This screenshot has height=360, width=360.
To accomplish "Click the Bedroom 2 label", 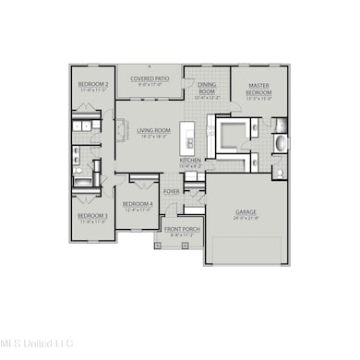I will [x=93, y=84].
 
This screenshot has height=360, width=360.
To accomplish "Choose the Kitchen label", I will [x=190, y=160].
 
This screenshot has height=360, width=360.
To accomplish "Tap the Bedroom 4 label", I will [x=138, y=204].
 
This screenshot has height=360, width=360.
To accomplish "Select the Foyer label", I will [x=172, y=192].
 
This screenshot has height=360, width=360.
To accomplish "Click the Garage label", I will [x=245, y=211].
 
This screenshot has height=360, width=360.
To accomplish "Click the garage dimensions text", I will [x=245, y=218].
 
